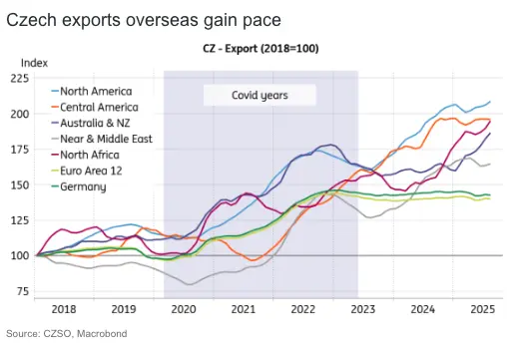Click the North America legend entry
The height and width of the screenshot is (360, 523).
[x=100, y=91]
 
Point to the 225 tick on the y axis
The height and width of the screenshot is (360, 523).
[x=19, y=78]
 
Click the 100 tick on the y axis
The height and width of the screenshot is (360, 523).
[x=19, y=256]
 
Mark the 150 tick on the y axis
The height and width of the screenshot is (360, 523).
[x=19, y=184]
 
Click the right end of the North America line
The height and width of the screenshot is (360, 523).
[x=490, y=102]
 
